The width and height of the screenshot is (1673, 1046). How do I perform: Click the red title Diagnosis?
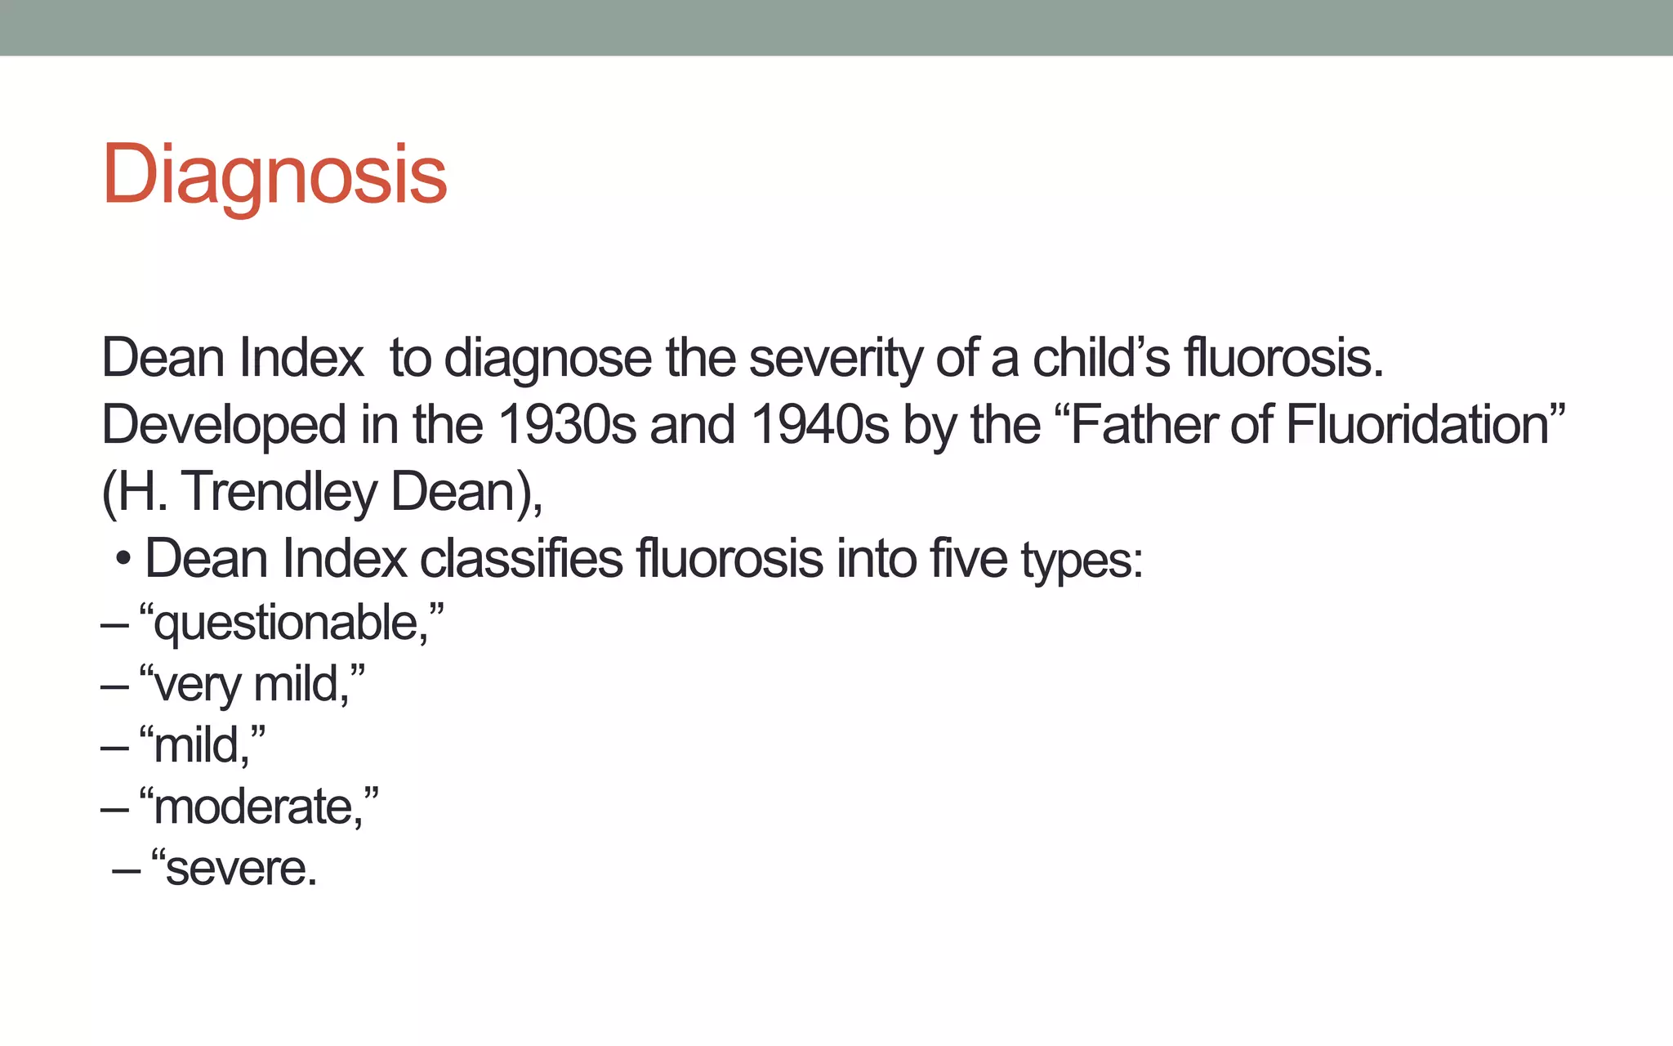(x=274, y=175)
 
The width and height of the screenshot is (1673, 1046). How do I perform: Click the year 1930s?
(x=566, y=426)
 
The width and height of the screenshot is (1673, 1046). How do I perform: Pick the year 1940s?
(x=819, y=426)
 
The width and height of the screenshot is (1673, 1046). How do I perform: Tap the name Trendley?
(x=279, y=493)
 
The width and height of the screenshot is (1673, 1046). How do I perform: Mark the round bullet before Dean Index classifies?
(x=123, y=561)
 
